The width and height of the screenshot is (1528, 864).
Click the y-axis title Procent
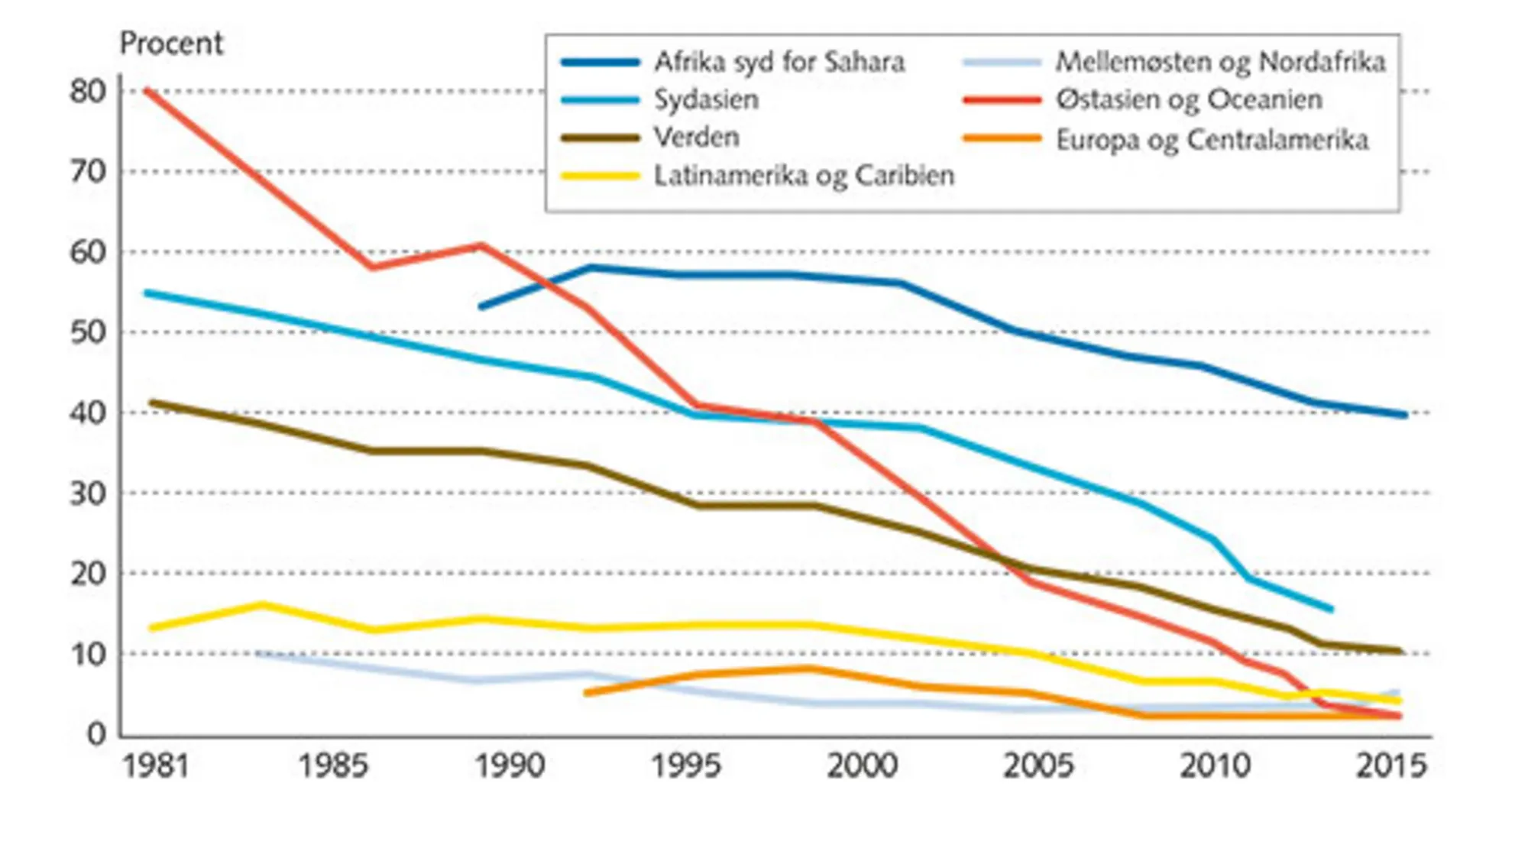[x=171, y=44]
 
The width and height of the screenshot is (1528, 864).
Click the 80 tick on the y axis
[x=87, y=92]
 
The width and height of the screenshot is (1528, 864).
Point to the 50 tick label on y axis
[x=87, y=332]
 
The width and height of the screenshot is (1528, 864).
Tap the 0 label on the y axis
[x=96, y=734]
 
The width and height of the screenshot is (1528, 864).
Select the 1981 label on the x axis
[x=156, y=765]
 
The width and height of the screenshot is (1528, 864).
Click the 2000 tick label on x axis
[x=862, y=765]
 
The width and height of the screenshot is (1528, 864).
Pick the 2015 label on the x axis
[x=1390, y=765]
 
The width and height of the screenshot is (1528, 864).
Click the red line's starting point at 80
[x=147, y=90]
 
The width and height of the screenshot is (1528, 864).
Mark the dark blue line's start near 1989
[x=481, y=307]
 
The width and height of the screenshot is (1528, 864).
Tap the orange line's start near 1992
[x=586, y=693]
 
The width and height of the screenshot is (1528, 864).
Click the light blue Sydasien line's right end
[x=1331, y=610]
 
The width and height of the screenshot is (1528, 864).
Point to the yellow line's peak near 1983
[x=262, y=605]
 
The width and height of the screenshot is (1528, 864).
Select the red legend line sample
[x=1002, y=100]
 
